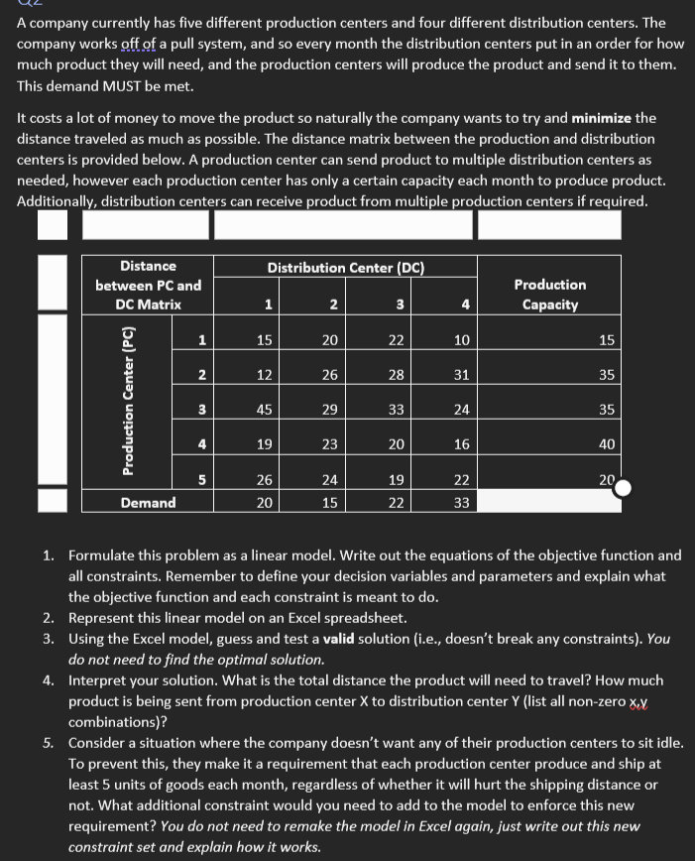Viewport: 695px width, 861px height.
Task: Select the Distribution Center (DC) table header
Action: click(346, 268)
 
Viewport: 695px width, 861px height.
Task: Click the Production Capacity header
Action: click(550, 294)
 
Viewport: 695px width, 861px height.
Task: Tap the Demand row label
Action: click(148, 503)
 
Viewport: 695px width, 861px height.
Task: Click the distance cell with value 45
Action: click(265, 410)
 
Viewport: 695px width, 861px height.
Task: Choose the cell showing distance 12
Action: click(265, 375)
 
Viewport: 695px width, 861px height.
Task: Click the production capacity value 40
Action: click(606, 445)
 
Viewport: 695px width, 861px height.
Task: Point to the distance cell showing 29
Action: click(330, 410)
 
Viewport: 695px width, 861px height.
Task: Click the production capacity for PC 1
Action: click(606, 340)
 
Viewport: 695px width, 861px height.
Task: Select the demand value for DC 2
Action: click(330, 503)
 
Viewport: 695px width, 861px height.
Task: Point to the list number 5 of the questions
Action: click(49, 743)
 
